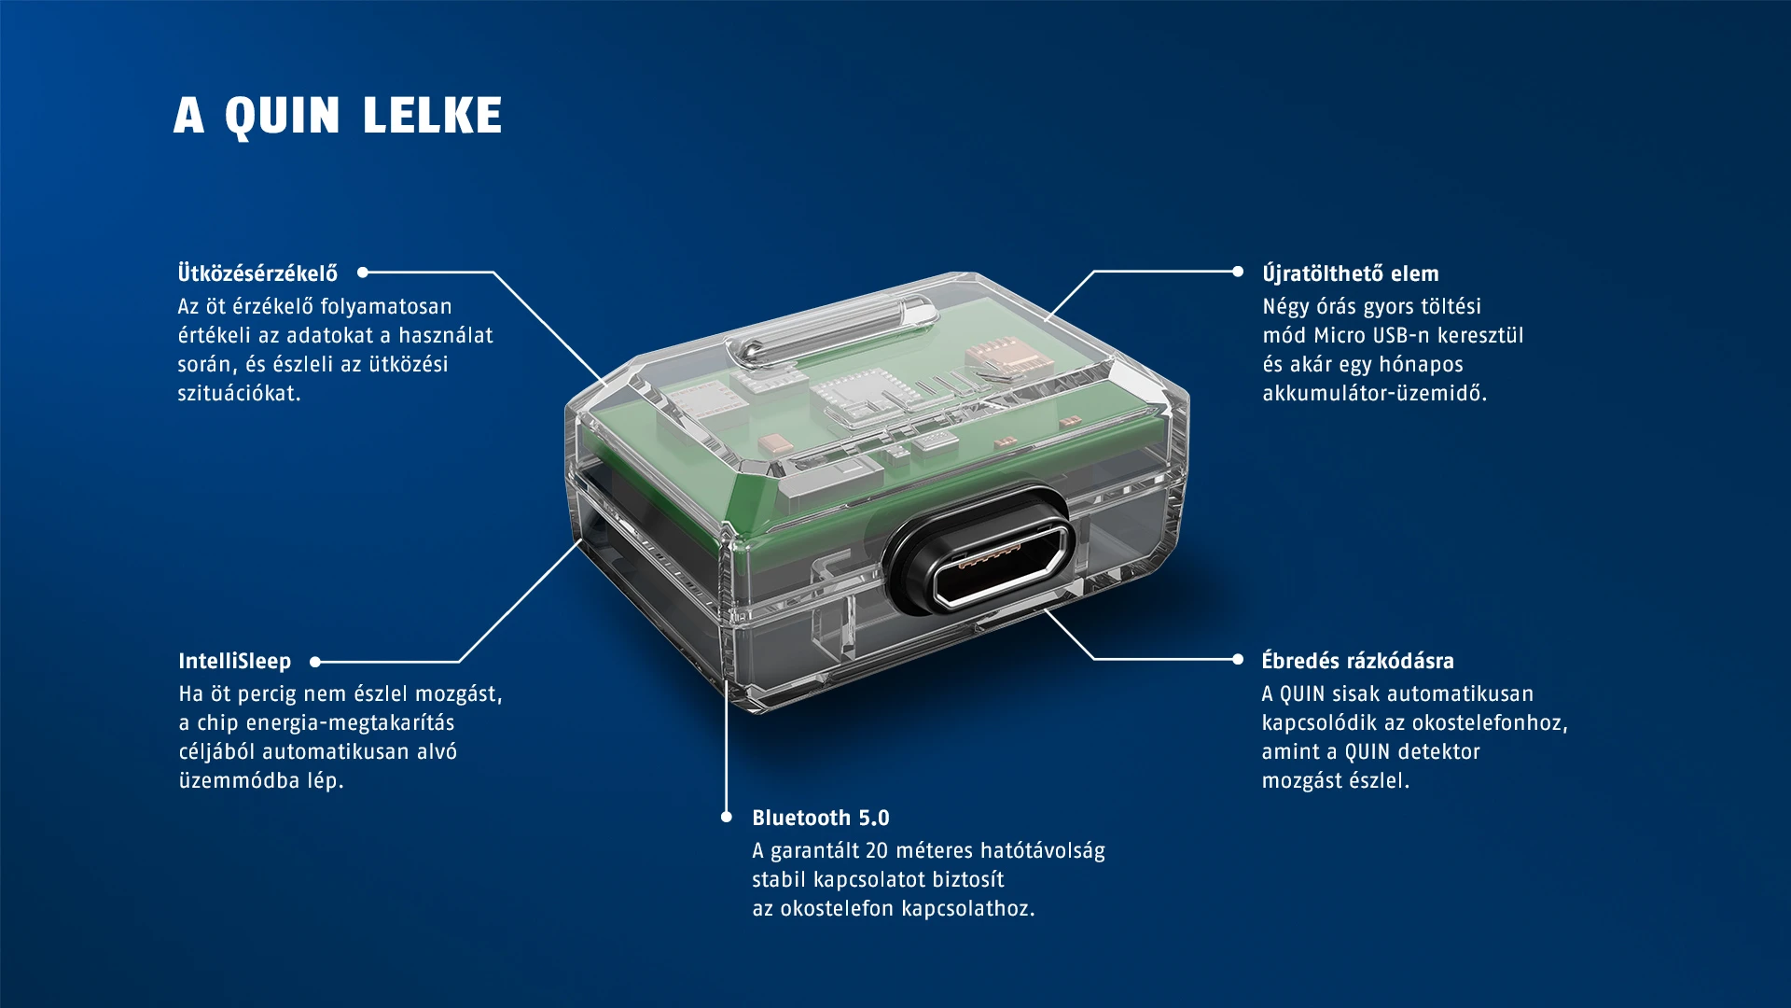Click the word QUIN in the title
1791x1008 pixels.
tap(283, 117)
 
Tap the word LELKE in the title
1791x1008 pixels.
tap(432, 116)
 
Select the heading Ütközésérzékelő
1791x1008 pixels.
tap(257, 273)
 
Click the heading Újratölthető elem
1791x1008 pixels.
tap(1350, 273)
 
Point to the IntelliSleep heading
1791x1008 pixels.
tap(234, 661)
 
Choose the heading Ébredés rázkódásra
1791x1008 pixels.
tap(1357, 660)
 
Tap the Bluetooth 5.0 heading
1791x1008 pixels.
tap(820, 818)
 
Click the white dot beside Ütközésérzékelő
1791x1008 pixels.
tap(363, 273)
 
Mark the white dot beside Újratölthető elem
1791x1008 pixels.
tap(1238, 272)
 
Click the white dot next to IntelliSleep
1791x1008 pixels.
tap(315, 662)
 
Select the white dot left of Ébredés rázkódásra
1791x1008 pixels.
tap(1238, 659)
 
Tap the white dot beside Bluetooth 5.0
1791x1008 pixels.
tap(727, 817)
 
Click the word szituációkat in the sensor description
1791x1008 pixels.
tap(239, 393)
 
